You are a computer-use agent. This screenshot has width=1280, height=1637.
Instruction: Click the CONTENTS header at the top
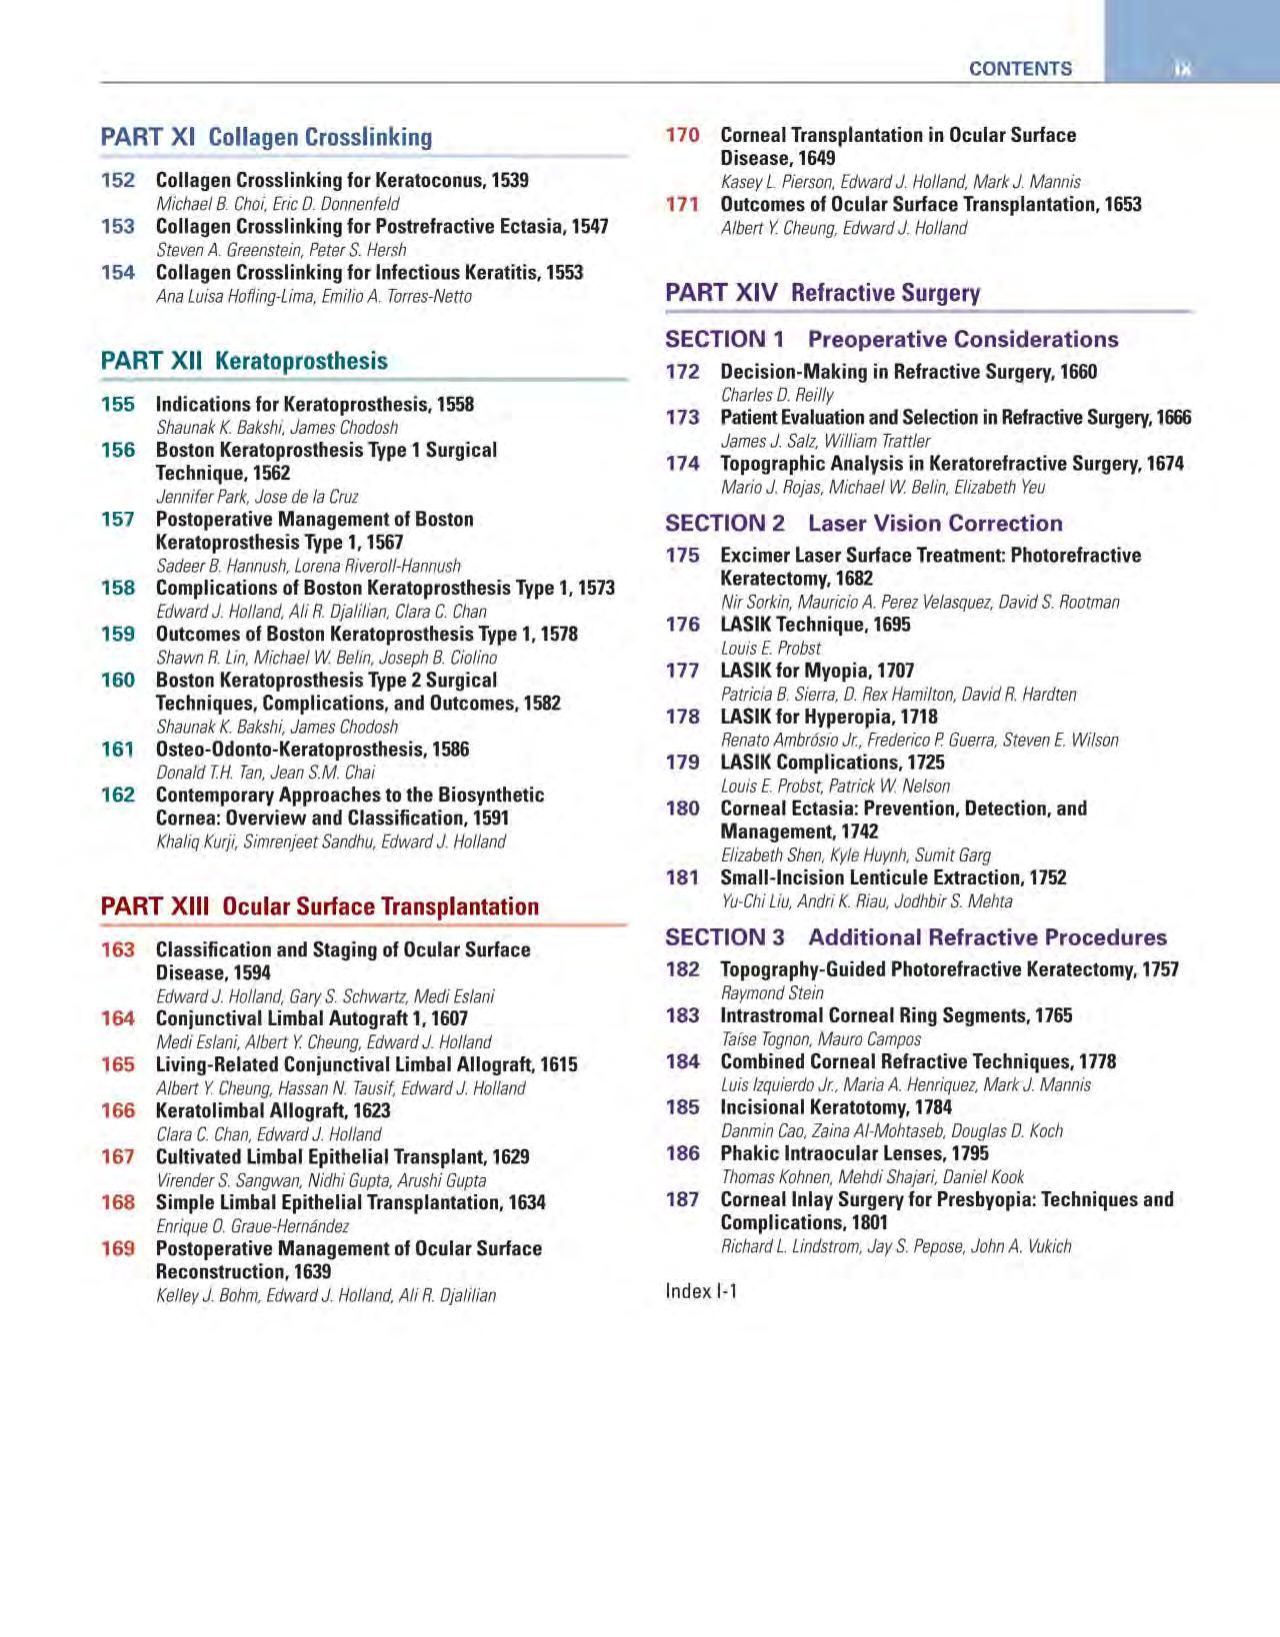pos(1020,69)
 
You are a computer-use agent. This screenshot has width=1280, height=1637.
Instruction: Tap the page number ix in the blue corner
pos(1183,69)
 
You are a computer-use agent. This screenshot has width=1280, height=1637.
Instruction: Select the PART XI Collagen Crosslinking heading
pos(266,137)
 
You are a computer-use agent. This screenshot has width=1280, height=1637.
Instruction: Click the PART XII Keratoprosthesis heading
pos(244,361)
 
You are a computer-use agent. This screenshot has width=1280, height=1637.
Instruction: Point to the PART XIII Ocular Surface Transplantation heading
pos(319,906)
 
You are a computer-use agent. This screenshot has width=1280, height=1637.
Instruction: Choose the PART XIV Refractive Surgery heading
pos(822,293)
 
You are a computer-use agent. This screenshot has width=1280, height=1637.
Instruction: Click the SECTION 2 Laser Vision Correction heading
pos(863,524)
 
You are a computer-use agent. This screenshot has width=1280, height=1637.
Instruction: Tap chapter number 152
pos(118,181)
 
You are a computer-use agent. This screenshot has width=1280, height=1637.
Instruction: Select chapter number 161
pos(118,750)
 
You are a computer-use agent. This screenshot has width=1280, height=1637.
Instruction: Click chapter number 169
pos(118,1249)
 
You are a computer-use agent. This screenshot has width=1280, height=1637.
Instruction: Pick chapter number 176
pos(683,625)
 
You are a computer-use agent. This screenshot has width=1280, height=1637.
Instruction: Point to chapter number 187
pos(683,1199)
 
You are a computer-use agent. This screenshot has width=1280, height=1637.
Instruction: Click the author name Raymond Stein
pos(772,993)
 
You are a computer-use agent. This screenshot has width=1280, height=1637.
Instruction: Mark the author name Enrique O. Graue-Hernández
pos(253,1226)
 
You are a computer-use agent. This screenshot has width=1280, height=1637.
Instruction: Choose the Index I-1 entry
pos(701,1291)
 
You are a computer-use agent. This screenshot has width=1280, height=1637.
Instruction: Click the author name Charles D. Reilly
pos(777,395)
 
